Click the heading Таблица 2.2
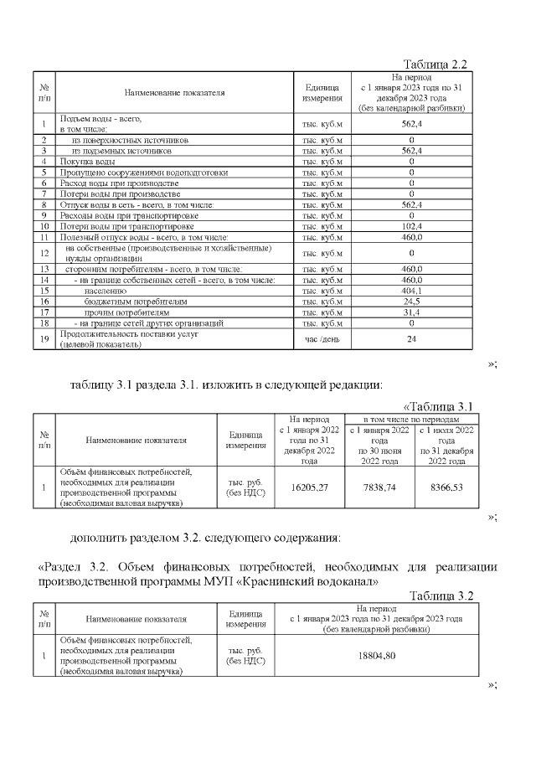(x=434, y=64)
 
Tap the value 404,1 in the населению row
(x=411, y=290)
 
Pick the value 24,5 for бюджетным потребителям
(x=411, y=301)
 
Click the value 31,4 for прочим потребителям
(x=411, y=312)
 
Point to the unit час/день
(x=322, y=340)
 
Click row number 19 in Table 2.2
(x=43, y=340)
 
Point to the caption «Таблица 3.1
(x=438, y=406)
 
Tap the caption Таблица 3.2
(x=441, y=596)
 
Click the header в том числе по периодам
(x=411, y=418)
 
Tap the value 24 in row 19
(x=411, y=340)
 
